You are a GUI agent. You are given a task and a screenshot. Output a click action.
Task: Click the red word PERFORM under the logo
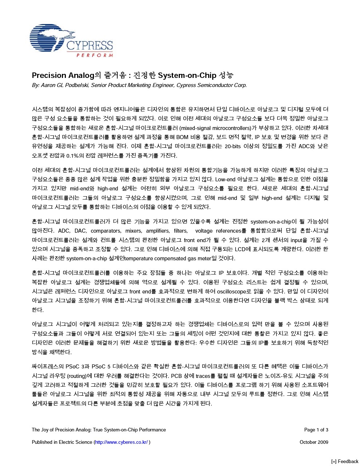(95, 55)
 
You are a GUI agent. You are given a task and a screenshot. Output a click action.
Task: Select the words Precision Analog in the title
(63, 75)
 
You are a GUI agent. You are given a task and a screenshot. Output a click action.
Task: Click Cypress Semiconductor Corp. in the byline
(211, 86)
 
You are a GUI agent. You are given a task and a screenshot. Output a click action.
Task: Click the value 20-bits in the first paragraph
(234, 147)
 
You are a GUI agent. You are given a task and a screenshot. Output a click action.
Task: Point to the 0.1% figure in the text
(74, 156)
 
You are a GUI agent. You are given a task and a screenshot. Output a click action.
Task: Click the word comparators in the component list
(106, 231)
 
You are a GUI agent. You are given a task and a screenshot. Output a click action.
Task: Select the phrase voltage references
(218, 231)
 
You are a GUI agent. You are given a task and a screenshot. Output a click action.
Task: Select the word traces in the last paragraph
(203, 376)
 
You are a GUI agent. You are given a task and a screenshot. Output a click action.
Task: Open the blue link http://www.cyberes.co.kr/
(121, 442)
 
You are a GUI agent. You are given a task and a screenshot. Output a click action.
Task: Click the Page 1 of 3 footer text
(316, 430)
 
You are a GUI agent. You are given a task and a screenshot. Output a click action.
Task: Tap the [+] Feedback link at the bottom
(344, 462)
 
